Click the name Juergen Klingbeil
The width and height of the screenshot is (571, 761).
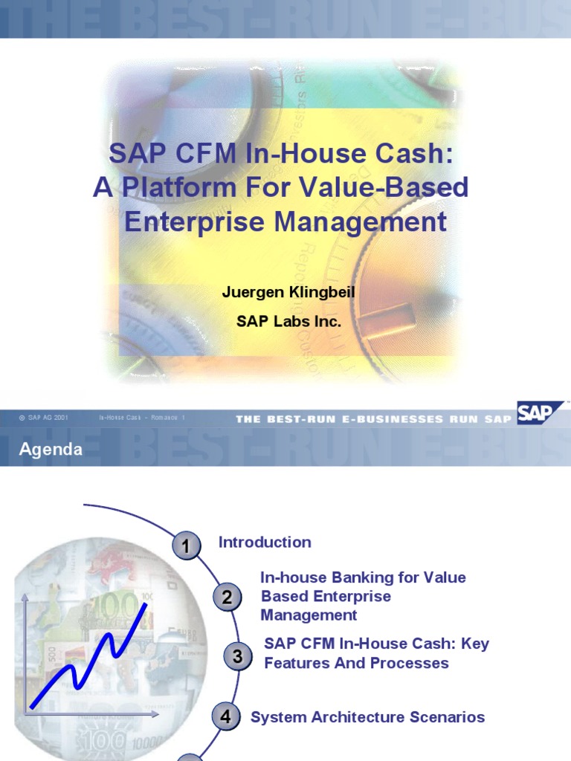pos(288,292)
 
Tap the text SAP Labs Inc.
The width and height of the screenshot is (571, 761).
pos(288,322)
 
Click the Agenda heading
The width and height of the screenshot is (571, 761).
pos(51,450)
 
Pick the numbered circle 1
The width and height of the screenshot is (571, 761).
pos(186,547)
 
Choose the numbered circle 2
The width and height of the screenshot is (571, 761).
pos(227,597)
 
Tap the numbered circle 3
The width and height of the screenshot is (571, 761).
pos(237,656)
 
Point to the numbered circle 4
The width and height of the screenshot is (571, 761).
pos(225,717)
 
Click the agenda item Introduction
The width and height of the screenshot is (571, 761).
pos(265,543)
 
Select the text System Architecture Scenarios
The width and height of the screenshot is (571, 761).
pos(367,717)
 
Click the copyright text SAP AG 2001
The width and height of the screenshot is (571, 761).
pos(48,418)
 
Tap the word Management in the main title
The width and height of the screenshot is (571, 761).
pos(362,221)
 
